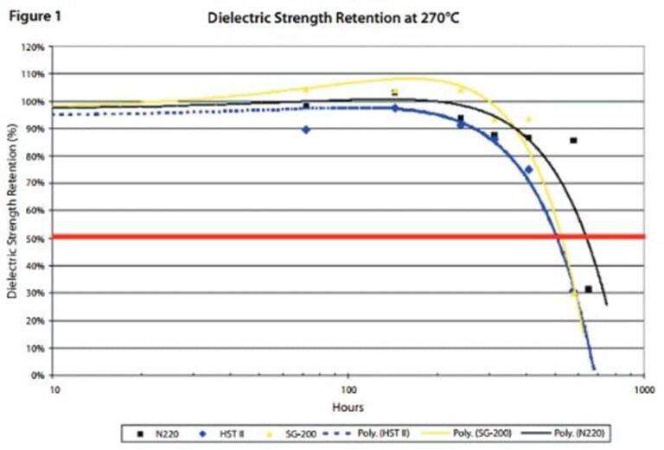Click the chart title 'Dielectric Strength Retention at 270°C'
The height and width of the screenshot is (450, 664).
(333, 17)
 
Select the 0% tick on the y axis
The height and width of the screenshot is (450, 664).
(37, 375)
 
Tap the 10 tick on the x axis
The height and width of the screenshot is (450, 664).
(54, 390)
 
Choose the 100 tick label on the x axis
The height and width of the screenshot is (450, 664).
(348, 390)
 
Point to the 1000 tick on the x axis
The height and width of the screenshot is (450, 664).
(642, 390)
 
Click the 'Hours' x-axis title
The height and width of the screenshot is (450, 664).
(348, 407)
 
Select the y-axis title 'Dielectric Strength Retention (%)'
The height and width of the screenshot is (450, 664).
(12, 212)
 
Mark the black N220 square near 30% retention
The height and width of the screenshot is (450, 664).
(589, 289)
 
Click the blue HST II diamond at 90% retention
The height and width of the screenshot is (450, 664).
(306, 130)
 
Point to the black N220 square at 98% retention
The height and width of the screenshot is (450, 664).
(306, 106)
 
